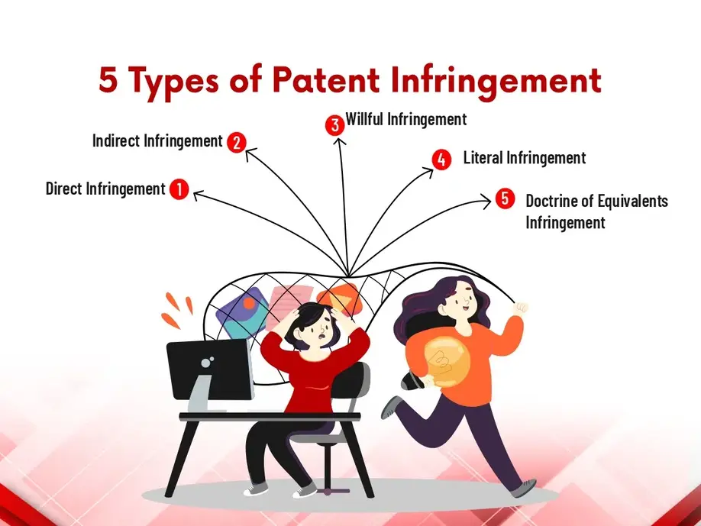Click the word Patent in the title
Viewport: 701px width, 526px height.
326,80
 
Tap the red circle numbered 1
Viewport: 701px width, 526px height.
179,189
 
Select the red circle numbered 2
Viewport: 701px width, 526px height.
237,142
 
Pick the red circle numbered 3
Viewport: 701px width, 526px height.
335,125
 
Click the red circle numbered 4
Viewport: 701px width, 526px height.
441,160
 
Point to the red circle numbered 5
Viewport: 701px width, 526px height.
505,198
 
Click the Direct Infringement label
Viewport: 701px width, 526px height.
105,189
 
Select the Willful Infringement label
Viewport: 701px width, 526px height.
406,119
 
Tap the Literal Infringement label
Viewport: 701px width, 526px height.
525,158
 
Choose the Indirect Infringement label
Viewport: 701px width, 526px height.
157,140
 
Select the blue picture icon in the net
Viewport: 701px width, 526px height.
241,313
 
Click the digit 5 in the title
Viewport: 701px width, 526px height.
108,80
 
